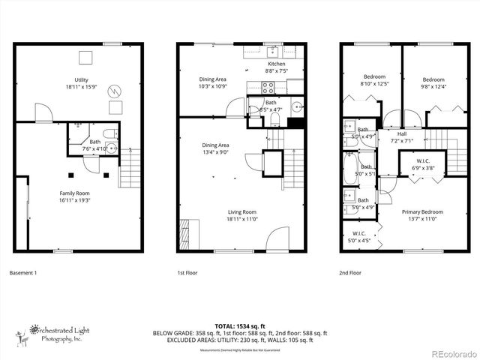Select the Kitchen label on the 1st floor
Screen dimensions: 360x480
(277, 64)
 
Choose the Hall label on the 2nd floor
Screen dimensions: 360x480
(402, 133)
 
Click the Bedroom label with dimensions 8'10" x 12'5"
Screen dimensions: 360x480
(374, 77)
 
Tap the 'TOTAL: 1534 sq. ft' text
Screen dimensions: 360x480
(240, 326)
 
